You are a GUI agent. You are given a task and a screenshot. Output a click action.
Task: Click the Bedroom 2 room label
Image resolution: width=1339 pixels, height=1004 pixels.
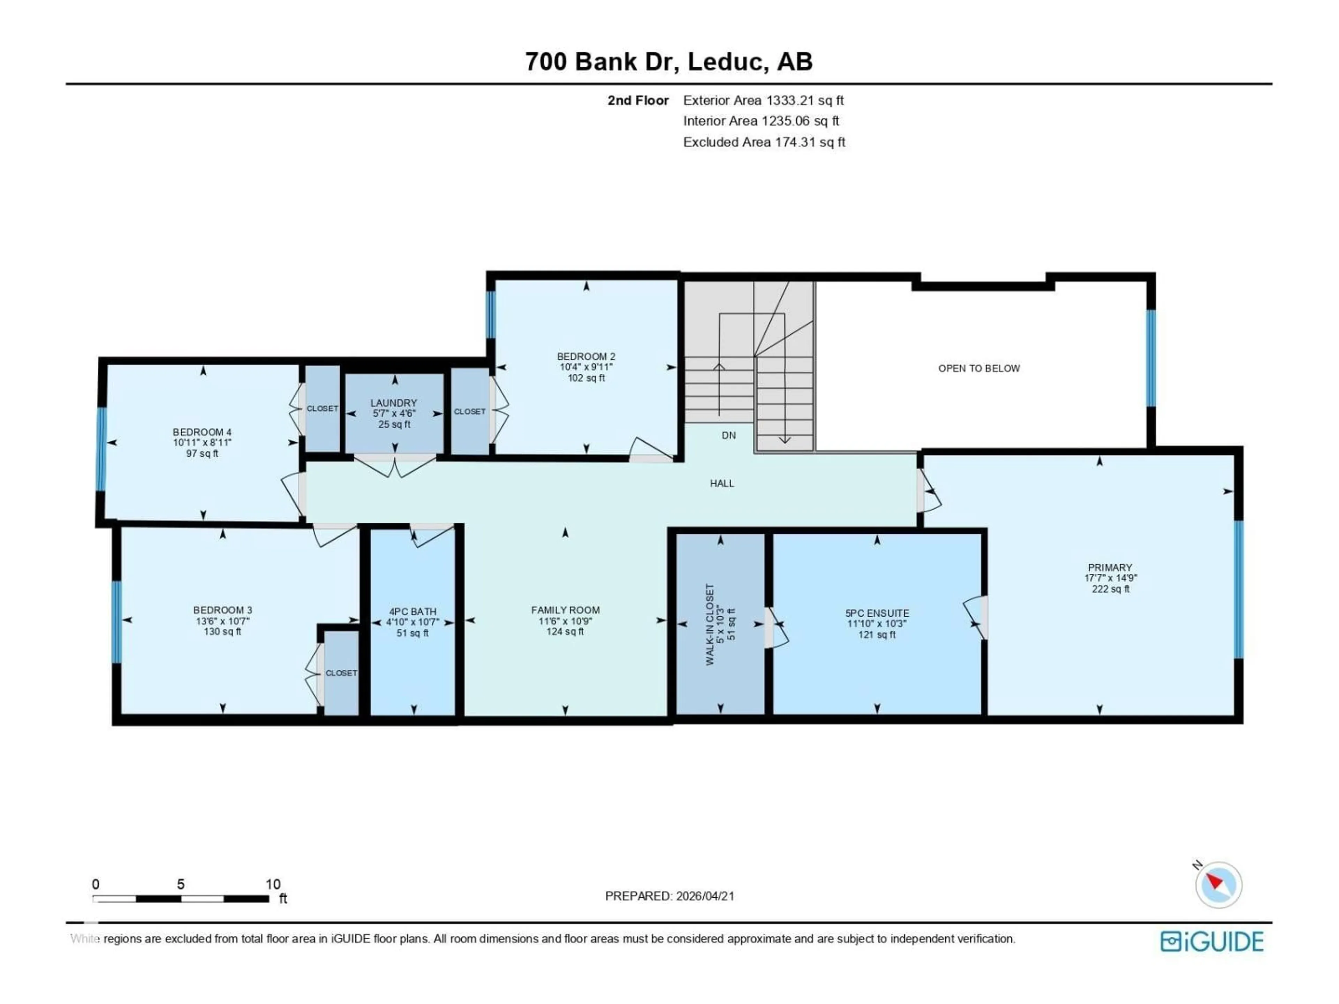(585, 356)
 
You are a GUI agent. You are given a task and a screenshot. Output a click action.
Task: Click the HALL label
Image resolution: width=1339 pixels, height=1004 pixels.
(721, 483)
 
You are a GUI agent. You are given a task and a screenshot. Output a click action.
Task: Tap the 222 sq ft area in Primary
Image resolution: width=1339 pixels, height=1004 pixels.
(1110, 589)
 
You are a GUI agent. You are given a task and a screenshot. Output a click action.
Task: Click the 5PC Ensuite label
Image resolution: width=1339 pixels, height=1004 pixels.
(877, 613)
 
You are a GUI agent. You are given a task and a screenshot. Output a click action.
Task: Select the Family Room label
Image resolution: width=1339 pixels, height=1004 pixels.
(565, 610)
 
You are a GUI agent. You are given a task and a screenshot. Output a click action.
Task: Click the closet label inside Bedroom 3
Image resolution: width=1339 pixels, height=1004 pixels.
(341, 673)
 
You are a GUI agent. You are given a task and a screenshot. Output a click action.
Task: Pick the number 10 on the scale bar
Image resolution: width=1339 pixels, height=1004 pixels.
(273, 884)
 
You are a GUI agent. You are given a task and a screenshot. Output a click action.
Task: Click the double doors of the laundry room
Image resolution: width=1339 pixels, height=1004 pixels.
(395, 466)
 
